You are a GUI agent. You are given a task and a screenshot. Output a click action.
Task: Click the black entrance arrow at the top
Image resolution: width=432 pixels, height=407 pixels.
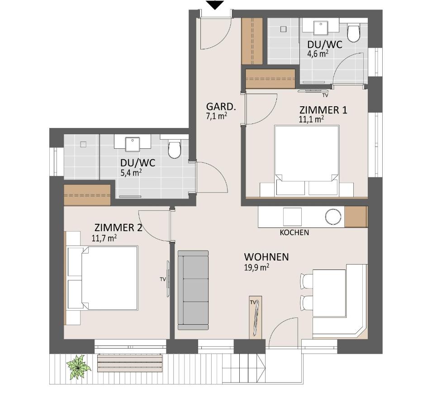click(215, 5)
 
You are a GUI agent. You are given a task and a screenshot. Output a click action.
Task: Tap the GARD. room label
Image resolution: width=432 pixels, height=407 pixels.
click(221, 107)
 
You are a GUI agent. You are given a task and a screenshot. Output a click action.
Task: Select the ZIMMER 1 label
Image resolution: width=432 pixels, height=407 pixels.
click(323, 110)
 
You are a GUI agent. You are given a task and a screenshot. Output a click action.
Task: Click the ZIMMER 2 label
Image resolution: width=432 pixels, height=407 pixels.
click(119, 228)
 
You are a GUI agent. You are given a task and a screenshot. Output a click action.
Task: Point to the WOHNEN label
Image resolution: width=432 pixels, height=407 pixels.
click(266, 257)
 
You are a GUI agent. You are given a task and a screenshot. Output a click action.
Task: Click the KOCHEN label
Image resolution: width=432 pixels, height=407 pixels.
click(294, 233)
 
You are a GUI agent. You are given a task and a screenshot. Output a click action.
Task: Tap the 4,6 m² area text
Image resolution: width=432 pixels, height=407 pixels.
click(318, 53)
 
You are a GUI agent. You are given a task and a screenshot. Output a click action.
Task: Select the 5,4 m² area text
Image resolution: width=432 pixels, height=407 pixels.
click(131, 173)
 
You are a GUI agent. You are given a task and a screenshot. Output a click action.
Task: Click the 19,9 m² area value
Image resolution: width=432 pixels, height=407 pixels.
click(256, 267)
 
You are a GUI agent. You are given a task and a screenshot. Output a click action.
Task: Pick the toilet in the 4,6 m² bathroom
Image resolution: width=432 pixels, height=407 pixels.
click(353, 33)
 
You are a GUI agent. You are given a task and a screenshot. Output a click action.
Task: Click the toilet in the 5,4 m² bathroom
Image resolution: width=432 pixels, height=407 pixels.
click(174, 149)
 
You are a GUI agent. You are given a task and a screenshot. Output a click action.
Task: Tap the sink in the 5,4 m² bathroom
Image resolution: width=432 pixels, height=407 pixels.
click(133, 144)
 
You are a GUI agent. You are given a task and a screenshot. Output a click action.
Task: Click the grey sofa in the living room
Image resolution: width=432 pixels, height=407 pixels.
click(193, 290)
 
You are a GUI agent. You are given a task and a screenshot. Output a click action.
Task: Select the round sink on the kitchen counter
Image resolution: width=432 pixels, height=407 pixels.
click(333, 217)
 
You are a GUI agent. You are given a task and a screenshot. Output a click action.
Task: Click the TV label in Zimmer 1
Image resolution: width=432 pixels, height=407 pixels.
click(325, 95)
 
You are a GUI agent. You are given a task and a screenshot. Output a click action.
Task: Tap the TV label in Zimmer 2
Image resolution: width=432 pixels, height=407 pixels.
click(163, 279)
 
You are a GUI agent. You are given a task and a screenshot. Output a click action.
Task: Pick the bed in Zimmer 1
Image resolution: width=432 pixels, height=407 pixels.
click(307, 161)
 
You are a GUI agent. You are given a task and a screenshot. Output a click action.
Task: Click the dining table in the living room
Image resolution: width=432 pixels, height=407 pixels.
click(329, 293)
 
